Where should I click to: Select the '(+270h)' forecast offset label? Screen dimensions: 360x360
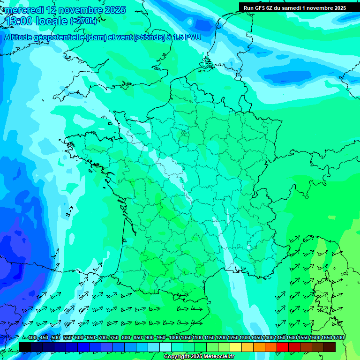point(83,21)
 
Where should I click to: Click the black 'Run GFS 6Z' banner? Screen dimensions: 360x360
point(295,7)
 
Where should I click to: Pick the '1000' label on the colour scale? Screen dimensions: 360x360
point(174,338)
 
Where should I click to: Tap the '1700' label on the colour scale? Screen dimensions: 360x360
point(338,338)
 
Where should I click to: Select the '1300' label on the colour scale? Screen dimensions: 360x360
point(245,338)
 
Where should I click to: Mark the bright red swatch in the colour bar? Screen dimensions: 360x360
point(283,347)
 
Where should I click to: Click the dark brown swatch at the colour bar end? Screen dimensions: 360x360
point(330,347)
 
